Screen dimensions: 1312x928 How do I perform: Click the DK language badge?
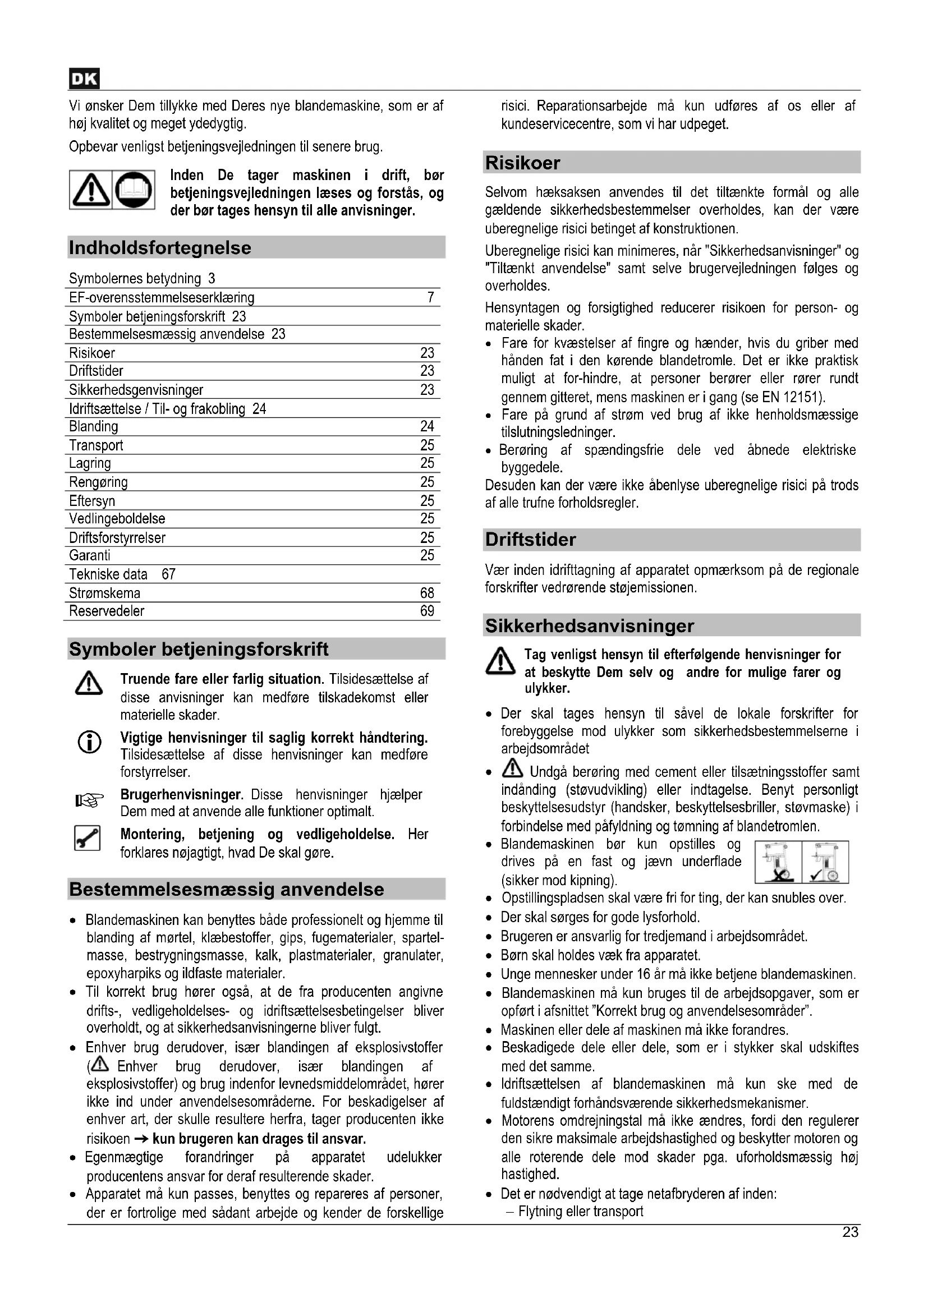point(84,79)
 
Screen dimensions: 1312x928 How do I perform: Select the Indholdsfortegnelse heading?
point(160,248)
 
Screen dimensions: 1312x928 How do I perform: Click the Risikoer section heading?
point(522,163)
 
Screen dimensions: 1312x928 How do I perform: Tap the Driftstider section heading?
point(530,540)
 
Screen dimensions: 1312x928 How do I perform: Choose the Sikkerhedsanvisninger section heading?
point(589,627)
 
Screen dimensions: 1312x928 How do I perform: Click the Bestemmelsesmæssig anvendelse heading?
point(226,890)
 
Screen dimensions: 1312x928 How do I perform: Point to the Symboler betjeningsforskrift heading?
point(198,650)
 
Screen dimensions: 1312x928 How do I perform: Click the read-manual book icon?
point(134,190)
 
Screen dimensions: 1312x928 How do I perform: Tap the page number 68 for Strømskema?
point(427,593)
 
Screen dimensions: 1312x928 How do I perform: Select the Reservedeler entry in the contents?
point(107,611)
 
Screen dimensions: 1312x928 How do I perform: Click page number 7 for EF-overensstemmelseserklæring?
point(430,297)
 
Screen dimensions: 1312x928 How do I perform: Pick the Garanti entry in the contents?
point(90,555)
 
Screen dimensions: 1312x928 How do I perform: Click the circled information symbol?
point(89,742)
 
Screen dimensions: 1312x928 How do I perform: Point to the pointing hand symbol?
point(90,800)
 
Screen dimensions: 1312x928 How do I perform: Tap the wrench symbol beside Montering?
point(88,838)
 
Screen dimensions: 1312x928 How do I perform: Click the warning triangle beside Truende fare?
point(89,684)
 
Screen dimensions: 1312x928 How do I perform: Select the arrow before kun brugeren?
point(141,1139)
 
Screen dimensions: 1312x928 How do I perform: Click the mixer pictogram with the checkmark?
point(825,862)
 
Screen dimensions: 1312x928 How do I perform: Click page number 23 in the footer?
point(850,1232)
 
